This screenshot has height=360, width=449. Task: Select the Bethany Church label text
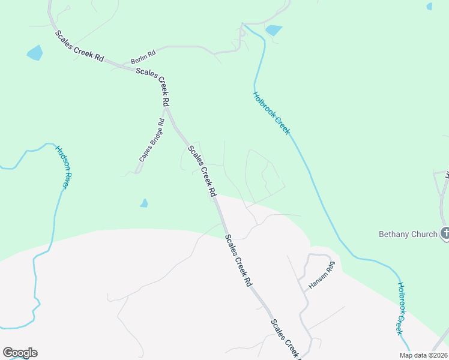coord(408,234)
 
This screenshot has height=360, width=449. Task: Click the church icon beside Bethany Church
coord(445,233)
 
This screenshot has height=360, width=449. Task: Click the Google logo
coord(20,353)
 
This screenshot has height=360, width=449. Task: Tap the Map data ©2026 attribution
coord(424,355)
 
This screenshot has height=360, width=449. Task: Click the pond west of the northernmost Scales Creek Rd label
coord(35,53)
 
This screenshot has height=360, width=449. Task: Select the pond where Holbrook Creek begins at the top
coord(274,30)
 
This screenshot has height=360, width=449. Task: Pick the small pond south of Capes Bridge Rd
coord(144,203)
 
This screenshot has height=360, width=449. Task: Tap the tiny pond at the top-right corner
coord(429,7)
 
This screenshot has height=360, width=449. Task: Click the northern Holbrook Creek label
coord(272,112)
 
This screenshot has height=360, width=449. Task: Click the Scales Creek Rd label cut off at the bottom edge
coord(285,338)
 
